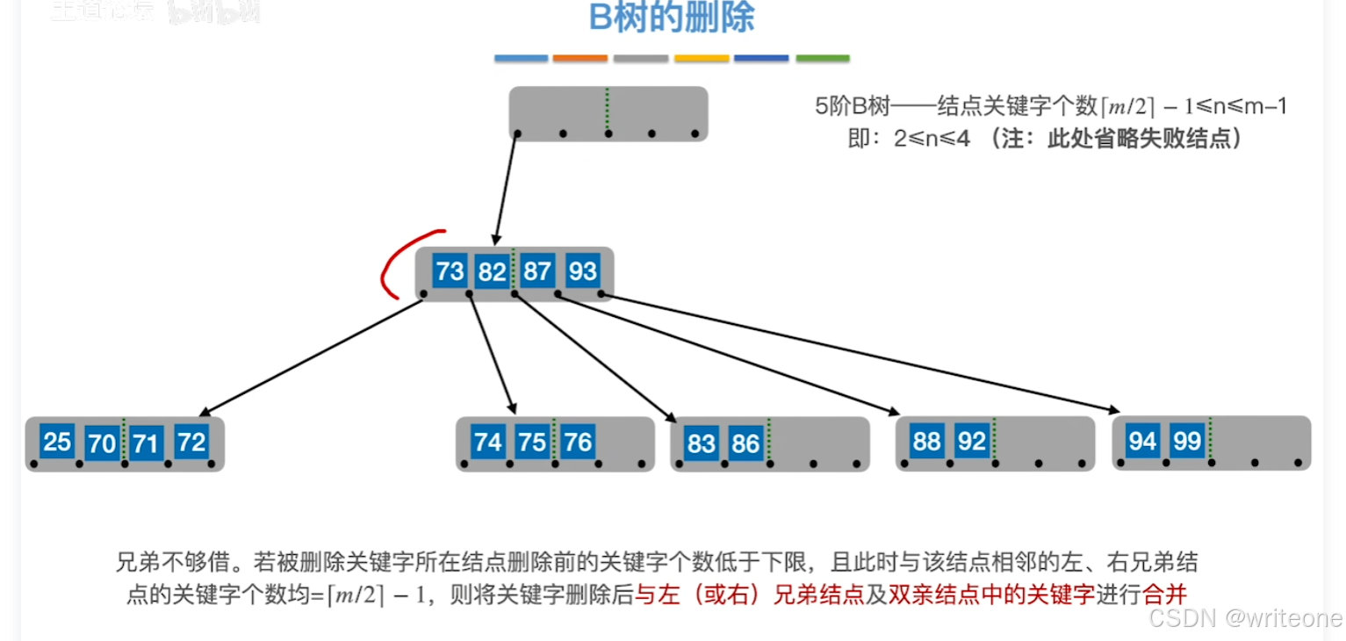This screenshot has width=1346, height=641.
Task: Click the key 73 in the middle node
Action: coord(450,270)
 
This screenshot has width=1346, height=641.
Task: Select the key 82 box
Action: coord(492,272)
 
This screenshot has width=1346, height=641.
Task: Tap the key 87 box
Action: coord(536,270)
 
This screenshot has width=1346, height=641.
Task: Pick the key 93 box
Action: coord(582,270)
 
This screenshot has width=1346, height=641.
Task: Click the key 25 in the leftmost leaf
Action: coord(57,441)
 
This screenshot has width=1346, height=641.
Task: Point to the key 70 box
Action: coord(102,443)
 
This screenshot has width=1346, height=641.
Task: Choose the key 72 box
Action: coord(191,442)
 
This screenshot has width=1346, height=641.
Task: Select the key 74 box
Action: coord(487,441)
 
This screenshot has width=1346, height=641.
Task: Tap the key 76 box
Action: coord(578,441)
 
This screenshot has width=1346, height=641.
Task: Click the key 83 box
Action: coord(702,443)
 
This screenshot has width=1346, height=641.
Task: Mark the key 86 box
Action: coord(745,443)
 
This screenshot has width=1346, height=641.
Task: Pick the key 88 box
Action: coord(926,441)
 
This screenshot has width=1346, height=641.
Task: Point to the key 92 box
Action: coord(972,441)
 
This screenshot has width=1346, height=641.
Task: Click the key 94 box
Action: coord(1142,441)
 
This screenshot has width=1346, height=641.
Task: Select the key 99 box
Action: coord(1187,441)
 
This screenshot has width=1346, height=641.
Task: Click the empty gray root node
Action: coord(608,112)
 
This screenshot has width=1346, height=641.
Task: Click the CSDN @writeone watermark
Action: coord(1245,617)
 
